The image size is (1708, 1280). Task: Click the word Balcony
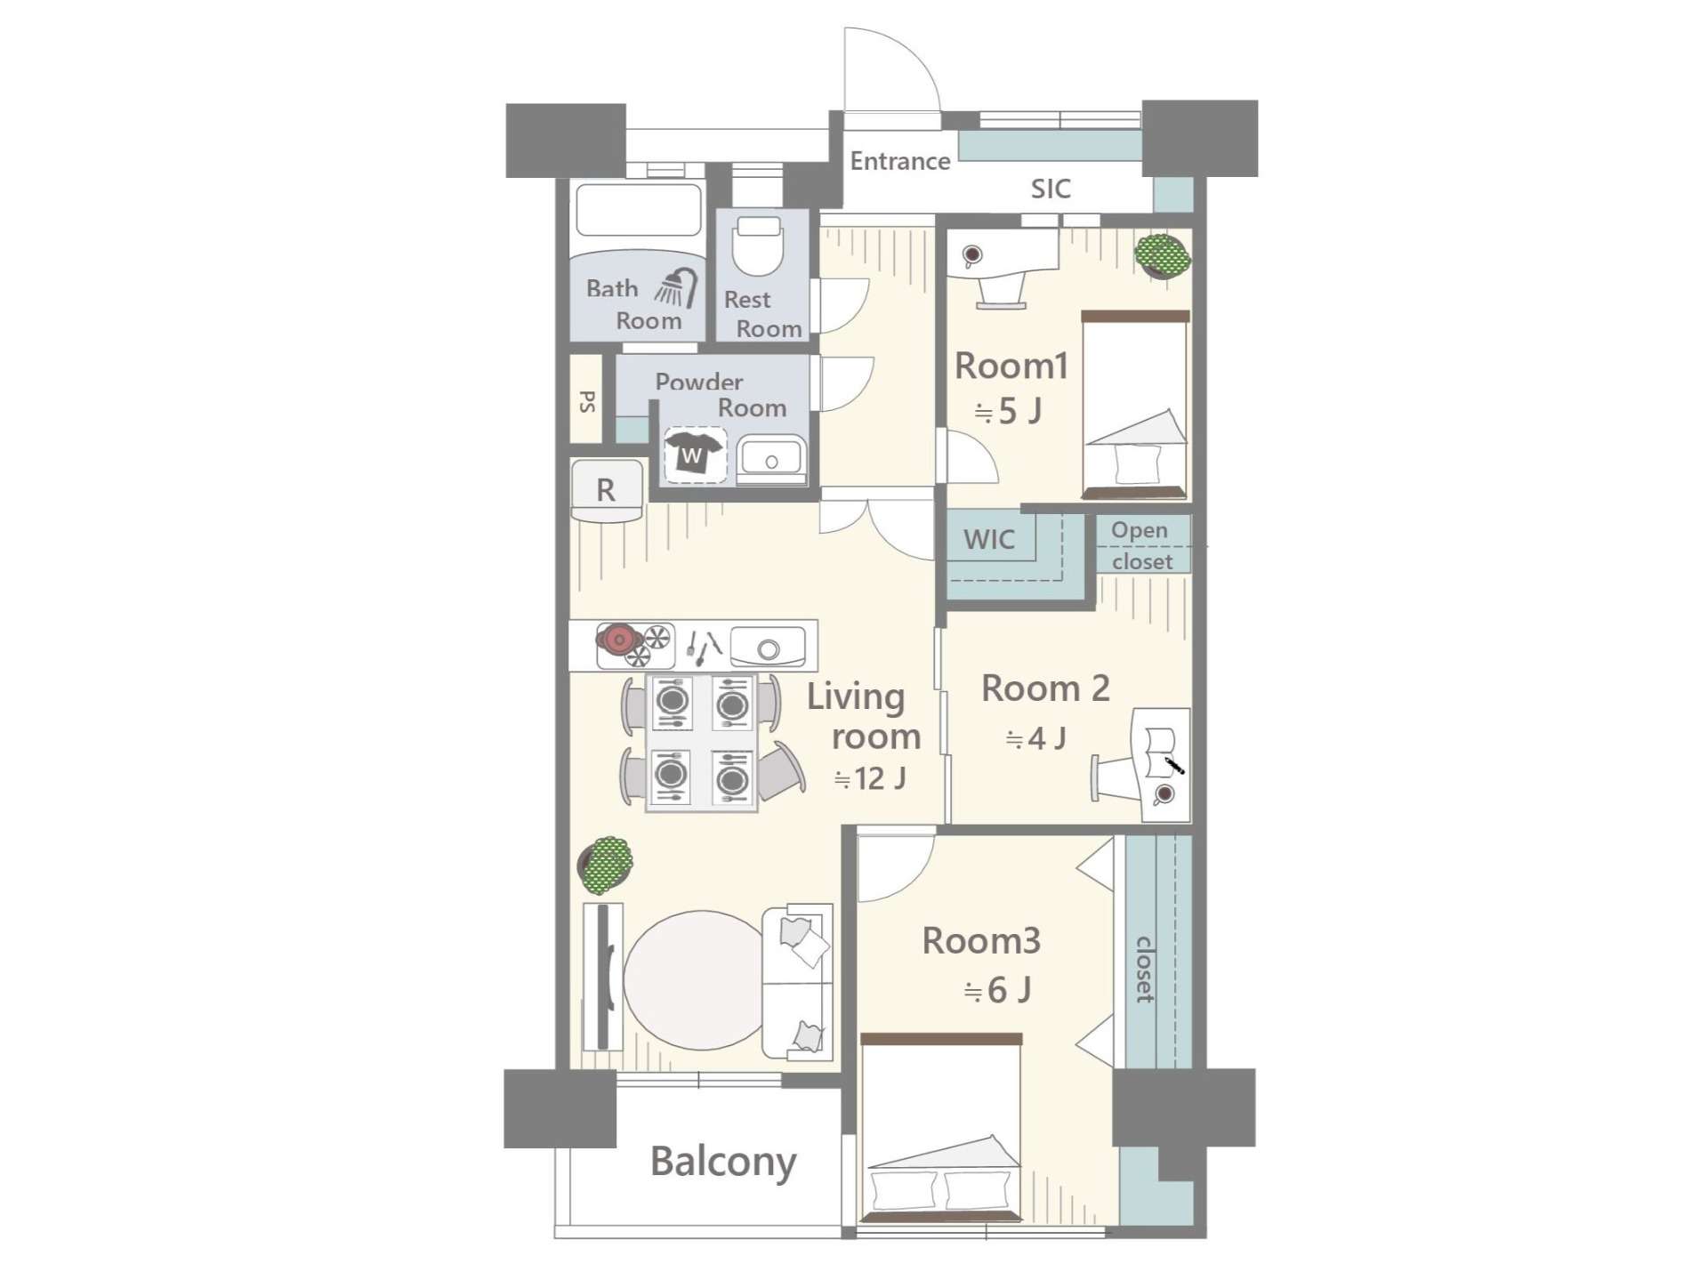point(723,1162)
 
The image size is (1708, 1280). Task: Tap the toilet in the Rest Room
point(759,246)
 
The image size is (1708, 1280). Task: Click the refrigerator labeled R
point(606,489)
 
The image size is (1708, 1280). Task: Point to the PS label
point(587,401)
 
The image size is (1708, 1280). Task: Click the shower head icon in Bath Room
point(678,286)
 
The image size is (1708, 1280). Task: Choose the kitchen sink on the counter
point(768,647)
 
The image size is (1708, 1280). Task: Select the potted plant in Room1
point(1163,255)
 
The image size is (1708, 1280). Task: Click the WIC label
point(989,539)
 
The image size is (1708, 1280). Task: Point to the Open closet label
point(1141,545)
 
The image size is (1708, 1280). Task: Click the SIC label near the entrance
point(1051,189)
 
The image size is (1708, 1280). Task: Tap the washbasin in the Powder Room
point(770,459)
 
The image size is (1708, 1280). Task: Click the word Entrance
point(900,161)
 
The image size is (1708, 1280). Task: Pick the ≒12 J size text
point(870,779)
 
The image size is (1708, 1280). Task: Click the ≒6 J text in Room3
point(997,990)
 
